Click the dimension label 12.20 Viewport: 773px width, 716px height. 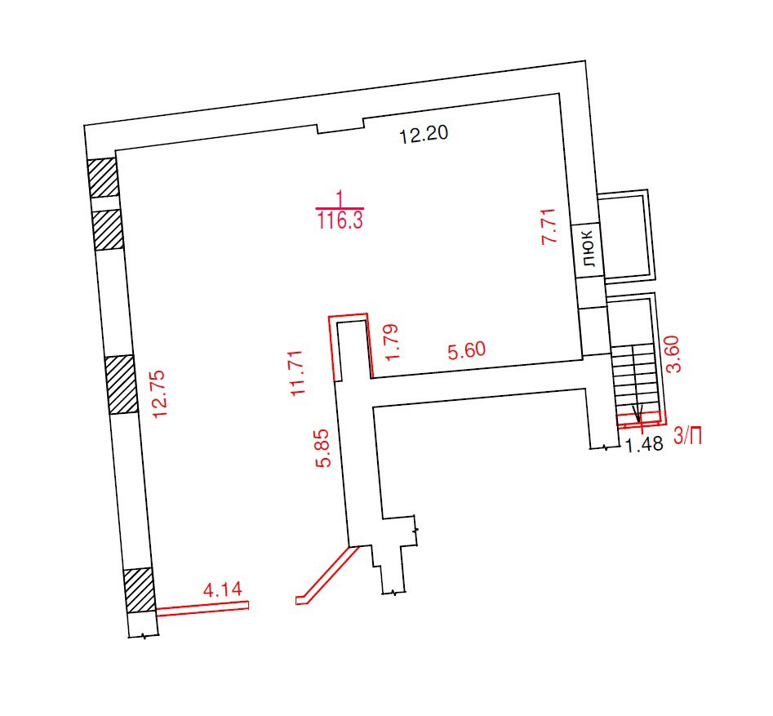coord(424,134)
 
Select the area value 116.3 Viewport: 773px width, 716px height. coord(340,220)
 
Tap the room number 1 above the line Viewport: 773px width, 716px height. coord(340,199)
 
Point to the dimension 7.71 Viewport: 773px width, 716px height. coord(549,226)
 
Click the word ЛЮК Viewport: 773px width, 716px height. coord(589,248)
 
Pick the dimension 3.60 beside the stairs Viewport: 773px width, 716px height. coord(673,354)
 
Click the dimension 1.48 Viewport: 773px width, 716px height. coord(644,444)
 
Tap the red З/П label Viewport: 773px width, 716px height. coord(687,436)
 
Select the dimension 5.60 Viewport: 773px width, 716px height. coord(466,350)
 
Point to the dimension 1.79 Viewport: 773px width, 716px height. coord(392,342)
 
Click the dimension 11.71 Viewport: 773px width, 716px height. coord(296,373)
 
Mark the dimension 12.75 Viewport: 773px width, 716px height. coord(160,394)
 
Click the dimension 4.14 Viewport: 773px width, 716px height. coord(223,589)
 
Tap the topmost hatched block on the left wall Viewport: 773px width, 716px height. coord(103,177)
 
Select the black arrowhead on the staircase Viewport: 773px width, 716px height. coord(638,413)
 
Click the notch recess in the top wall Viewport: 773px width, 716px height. coord(340,127)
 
